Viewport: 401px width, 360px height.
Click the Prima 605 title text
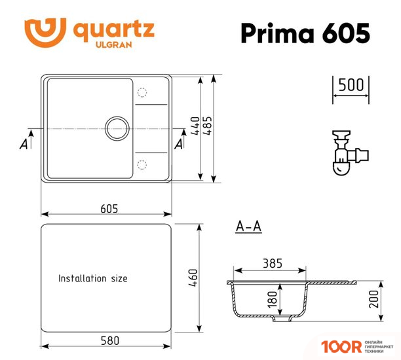[305, 32]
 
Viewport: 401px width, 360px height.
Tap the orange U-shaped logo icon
[45, 31]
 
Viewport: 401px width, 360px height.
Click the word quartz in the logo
[114, 29]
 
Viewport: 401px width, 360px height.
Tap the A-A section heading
[248, 227]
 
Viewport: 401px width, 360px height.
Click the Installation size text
[93, 278]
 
